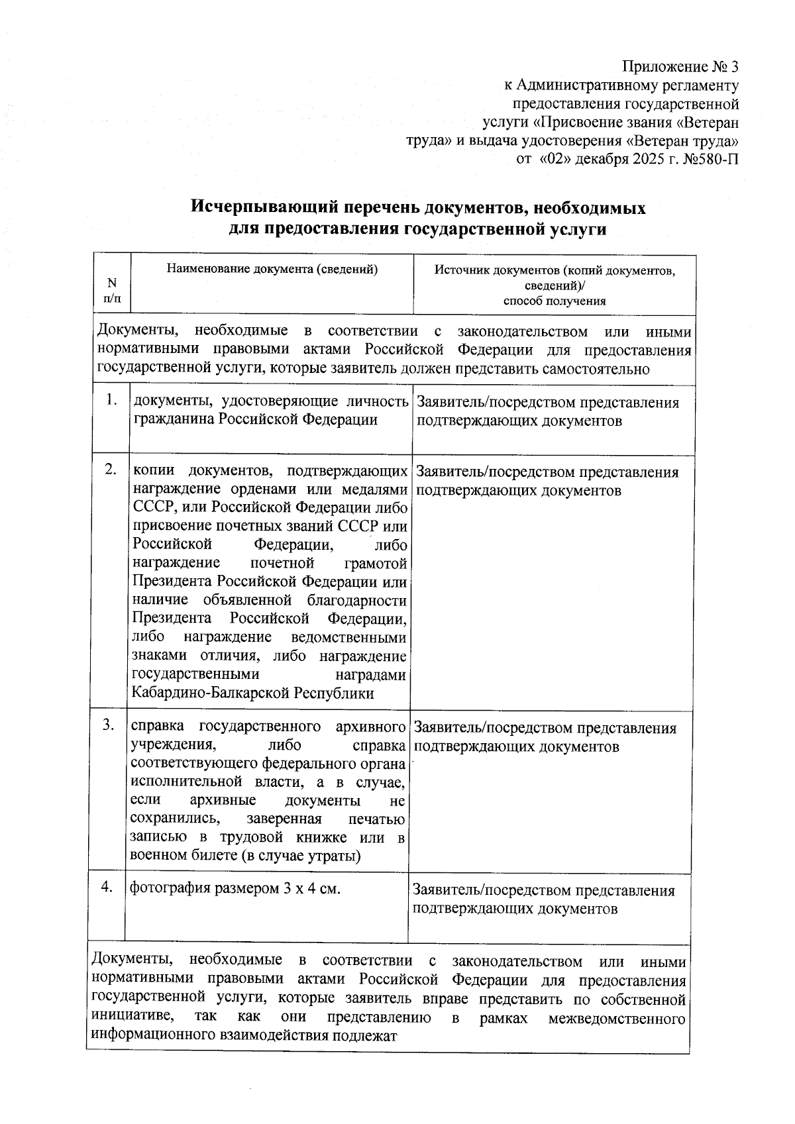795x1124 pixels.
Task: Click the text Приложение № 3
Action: pyautogui.click(x=680, y=67)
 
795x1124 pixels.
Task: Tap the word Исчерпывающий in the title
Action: pyautogui.click(x=262, y=208)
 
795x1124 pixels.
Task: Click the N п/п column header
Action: pyautogui.click(x=112, y=290)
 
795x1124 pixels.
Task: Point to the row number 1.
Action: pyautogui.click(x=112, y=401)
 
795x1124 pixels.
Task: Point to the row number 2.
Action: pyautogui.click(x=111, y=470)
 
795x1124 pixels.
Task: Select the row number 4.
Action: pyautogui.click(x=107, y=887)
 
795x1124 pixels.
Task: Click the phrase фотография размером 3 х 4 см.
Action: pyautogui.click(x=235, y=888)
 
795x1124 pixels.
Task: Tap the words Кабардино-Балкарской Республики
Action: pyautogui.click(x=253, y=693)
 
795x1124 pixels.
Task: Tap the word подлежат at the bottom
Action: pyautogui.click(x=368, y=1036)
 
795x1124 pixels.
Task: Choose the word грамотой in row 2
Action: pyautogui.click(x=376, y=563)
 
